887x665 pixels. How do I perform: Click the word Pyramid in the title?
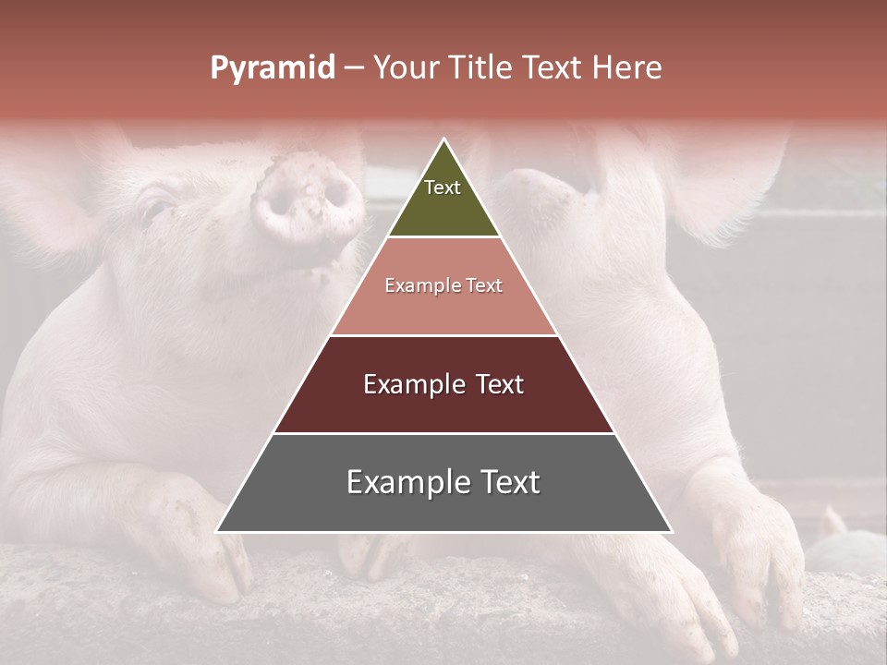[x=272, y=68]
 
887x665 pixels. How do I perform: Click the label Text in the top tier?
[x=443, y=187]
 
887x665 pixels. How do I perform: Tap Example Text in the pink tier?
[x=443, y=285]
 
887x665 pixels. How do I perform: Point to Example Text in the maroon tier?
[x=443, y=384]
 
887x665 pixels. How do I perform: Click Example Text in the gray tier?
[x=443, y=482]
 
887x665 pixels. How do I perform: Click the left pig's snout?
[x=310, y=199]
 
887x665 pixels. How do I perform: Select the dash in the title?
[x=354, y=68]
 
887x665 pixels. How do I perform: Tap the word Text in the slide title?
[x=554, y=67]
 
